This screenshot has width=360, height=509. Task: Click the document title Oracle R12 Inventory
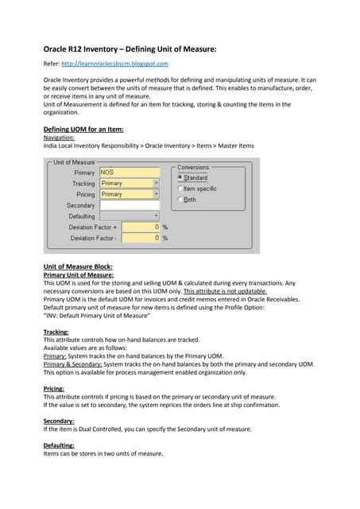(x=130, y=49)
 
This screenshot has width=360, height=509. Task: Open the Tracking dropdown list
(x=156, y=184)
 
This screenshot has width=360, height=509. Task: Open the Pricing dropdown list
(x=156, y=194)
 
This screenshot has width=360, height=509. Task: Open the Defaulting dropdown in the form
(x=156, y=216)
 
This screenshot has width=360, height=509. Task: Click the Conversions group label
(x=193, y=168)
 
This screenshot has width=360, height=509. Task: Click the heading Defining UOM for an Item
(x=83, y=129)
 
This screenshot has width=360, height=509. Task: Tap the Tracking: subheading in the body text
(x=56, y=331)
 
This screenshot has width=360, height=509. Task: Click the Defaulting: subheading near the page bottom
(x=59, y=445)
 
